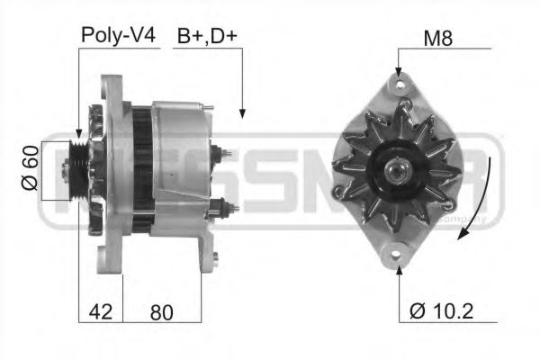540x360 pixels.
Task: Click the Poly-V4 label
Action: point(118,37)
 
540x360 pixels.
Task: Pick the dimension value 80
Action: point(160,312)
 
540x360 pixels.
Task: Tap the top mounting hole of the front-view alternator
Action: point(398,85)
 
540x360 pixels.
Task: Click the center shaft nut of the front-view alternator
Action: point(397,169)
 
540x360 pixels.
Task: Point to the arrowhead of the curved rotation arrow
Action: point(461,235)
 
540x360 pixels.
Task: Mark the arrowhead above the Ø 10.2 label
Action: point(398,268)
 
